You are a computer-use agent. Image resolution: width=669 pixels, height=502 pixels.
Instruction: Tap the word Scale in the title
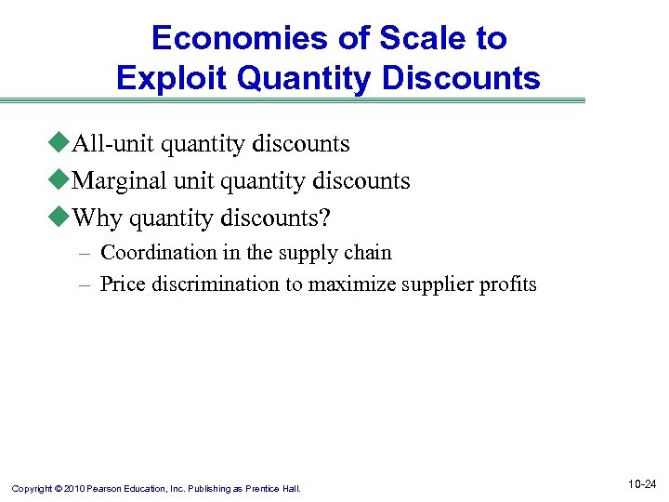[409, 38]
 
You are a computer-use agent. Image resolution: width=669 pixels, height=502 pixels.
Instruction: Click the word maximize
[352, 284]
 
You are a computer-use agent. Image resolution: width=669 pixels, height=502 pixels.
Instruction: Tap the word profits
[508, 284]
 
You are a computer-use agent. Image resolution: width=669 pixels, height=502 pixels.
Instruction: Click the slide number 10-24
[641, 484]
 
